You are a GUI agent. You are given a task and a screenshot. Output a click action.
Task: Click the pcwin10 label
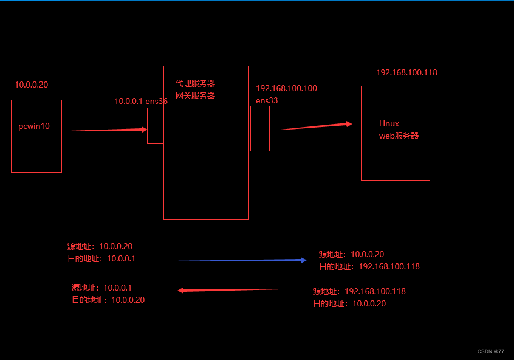coord(34,126)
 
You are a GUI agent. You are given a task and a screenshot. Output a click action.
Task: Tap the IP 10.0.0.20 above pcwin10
coord(32,85)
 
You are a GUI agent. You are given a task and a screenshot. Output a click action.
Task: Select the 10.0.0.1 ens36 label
coord(141,102)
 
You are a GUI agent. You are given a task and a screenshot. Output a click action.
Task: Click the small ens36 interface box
coord(155,125)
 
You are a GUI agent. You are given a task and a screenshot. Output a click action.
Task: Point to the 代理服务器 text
coord(195,83)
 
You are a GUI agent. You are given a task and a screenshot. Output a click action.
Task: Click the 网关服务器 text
coord(195,95)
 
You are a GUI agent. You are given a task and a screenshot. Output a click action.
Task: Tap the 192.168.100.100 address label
coord(286,89)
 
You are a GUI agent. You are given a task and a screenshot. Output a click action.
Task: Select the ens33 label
coord(267,100)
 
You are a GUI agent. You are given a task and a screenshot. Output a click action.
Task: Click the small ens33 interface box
coord(259,128)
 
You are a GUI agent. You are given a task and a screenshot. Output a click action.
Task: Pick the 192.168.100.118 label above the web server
coord(406,72)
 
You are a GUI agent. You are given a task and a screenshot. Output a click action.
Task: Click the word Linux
coord(389,123)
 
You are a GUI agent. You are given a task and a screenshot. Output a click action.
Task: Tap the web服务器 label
coord(399,136)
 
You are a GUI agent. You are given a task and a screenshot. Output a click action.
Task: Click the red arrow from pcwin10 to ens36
coord(108,130)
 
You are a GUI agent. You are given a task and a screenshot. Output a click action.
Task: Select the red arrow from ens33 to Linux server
coord(316,126)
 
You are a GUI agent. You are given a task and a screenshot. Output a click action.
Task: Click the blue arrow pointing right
coord(240,260)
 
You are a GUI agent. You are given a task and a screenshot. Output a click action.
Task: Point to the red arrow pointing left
coord(239,290)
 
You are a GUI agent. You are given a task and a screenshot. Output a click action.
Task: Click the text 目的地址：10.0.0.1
coord(101,258)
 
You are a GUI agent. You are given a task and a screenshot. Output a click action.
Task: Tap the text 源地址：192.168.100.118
coord(359,291)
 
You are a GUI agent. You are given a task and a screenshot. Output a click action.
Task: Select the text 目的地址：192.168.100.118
coord(369,266)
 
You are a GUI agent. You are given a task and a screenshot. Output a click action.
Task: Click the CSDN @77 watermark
coord(490,351)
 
